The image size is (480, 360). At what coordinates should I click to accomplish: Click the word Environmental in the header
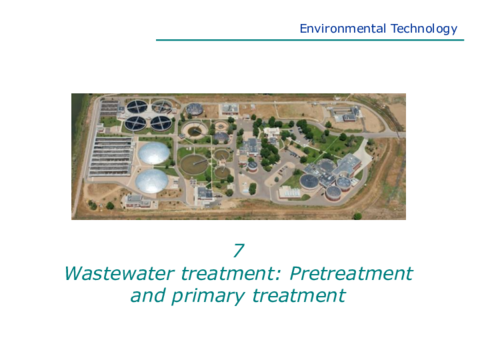coord(343,29)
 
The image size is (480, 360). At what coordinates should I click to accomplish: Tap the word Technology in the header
coord(424,29)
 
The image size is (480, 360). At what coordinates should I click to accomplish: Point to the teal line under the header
coord(310,40)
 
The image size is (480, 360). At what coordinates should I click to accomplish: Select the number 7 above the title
coord(239,250)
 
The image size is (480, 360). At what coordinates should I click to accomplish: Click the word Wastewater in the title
coord(119,274)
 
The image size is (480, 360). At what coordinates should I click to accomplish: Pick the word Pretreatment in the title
coord(351,274)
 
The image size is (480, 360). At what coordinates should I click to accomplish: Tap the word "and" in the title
coord(148,296)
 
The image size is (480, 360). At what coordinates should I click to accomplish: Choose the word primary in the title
coord(208,297)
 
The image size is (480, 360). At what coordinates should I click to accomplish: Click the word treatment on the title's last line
coord(299,296)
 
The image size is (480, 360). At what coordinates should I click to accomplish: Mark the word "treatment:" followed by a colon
coord(231,274)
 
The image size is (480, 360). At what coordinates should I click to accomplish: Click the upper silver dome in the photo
coord(154,153)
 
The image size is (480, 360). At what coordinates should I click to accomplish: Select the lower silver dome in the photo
coord(152,181)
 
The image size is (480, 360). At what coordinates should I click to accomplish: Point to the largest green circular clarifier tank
coord(194,164)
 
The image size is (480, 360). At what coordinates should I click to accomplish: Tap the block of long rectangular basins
coord(111,157)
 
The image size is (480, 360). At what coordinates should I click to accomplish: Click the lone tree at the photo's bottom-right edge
coord(357,216)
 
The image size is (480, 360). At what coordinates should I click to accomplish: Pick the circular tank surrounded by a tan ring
coord(194,130)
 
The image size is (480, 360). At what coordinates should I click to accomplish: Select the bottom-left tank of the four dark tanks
coord(135,123)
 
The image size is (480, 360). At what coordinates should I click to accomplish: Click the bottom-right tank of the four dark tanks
coord(161,123)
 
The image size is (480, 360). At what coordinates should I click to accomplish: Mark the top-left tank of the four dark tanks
coord(137,107)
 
